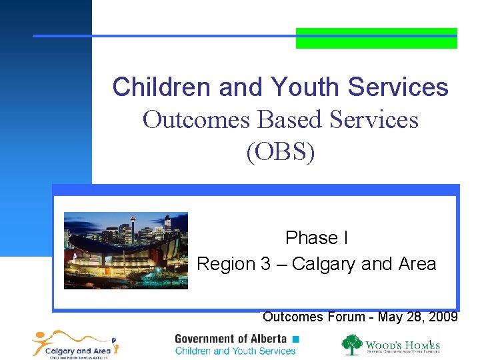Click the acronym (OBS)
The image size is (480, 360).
(x=280, y=152)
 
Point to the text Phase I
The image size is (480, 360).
(x=317, y=238)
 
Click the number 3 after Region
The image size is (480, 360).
(x=265, y=264)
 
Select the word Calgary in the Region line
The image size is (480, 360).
(x=323, y=264)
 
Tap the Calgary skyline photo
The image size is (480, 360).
(x=125, y=250)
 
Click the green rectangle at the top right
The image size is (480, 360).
(x=376, y=38)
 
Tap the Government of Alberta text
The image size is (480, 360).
(x=231, y=339)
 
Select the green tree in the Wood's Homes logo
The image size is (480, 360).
(x=352, y=345)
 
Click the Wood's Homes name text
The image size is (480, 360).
(x=401, y=344)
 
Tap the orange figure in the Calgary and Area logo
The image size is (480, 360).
(x=44, y=341)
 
